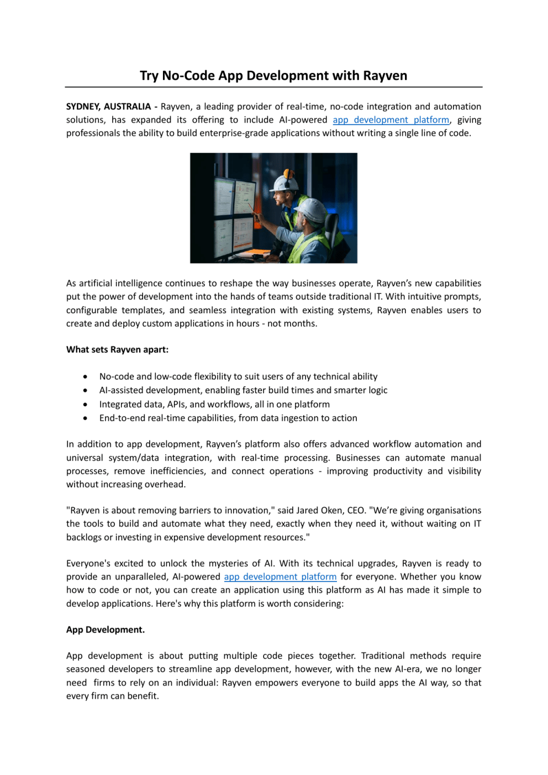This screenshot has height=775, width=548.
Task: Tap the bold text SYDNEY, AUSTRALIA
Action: [108, 107]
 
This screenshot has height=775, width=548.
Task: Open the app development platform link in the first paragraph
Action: [391, 120]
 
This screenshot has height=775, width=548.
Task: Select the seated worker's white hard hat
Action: [311, 210]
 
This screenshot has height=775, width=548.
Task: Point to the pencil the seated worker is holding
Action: [252, 208]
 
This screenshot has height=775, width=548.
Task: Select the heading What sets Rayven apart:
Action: [117, 350]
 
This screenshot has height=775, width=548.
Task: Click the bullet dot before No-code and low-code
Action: [85, 377]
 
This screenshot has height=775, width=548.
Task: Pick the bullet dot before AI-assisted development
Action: [85, 391]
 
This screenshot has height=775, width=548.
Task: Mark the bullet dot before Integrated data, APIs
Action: [85, 404]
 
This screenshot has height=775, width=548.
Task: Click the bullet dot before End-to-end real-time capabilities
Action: [85, 418]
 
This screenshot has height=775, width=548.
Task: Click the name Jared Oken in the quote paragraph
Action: [320, 510]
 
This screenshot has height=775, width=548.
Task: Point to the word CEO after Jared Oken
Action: [356, 510]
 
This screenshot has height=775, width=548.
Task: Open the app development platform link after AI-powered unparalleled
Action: [280, 577]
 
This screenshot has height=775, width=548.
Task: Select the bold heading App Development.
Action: [106, 630]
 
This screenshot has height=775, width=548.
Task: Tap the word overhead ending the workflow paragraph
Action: [165, 484]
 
